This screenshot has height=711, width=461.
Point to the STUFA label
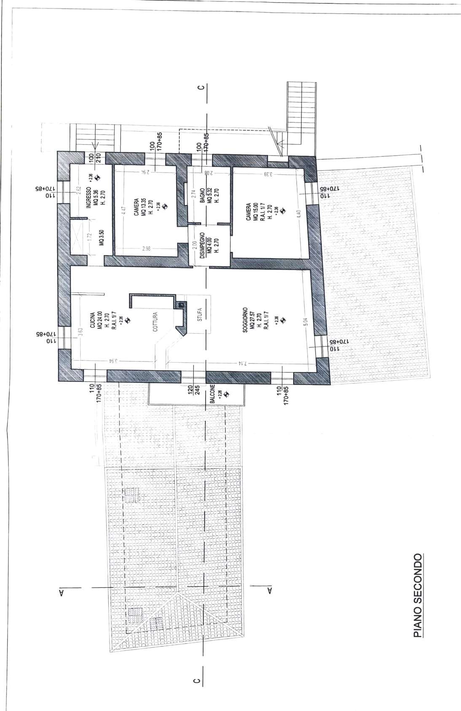(x=199, y=314)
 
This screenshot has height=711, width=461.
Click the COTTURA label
(x=155, y=321)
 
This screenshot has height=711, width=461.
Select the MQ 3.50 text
(x=101, y=240)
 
